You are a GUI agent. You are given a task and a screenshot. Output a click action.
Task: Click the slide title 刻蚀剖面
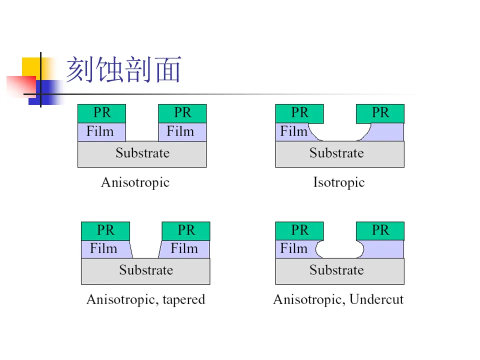[123, 69]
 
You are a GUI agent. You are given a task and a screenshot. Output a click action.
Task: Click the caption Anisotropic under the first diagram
[135, 182]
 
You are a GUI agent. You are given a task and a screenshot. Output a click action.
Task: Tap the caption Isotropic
[338, 182]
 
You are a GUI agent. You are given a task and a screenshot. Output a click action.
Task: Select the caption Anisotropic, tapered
[145, 300]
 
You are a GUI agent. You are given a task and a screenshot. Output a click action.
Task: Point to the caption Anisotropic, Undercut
[338, 300]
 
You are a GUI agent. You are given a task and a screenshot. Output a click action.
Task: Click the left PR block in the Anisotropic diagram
[101, 113]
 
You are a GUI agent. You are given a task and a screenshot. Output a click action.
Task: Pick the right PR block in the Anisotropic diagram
[182, 113]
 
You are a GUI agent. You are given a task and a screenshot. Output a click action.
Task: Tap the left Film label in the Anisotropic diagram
[100, 131]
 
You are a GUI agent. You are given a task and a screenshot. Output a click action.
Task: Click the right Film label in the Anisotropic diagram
[180, 131]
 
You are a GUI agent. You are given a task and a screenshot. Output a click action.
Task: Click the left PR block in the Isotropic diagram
[299, 113]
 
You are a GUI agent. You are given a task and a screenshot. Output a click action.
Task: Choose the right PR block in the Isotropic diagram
[380, 113]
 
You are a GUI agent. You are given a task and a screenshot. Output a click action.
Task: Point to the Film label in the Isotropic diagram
[293, 131]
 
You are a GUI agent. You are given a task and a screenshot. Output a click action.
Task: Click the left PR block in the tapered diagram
[105, 230]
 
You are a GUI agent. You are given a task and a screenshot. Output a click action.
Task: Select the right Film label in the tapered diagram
[184, 248]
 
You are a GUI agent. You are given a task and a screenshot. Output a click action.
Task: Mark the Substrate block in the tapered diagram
[145, 271]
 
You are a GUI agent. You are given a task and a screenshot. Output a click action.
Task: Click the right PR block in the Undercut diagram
[380, 230]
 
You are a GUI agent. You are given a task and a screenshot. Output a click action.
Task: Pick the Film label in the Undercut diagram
[293, 248]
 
